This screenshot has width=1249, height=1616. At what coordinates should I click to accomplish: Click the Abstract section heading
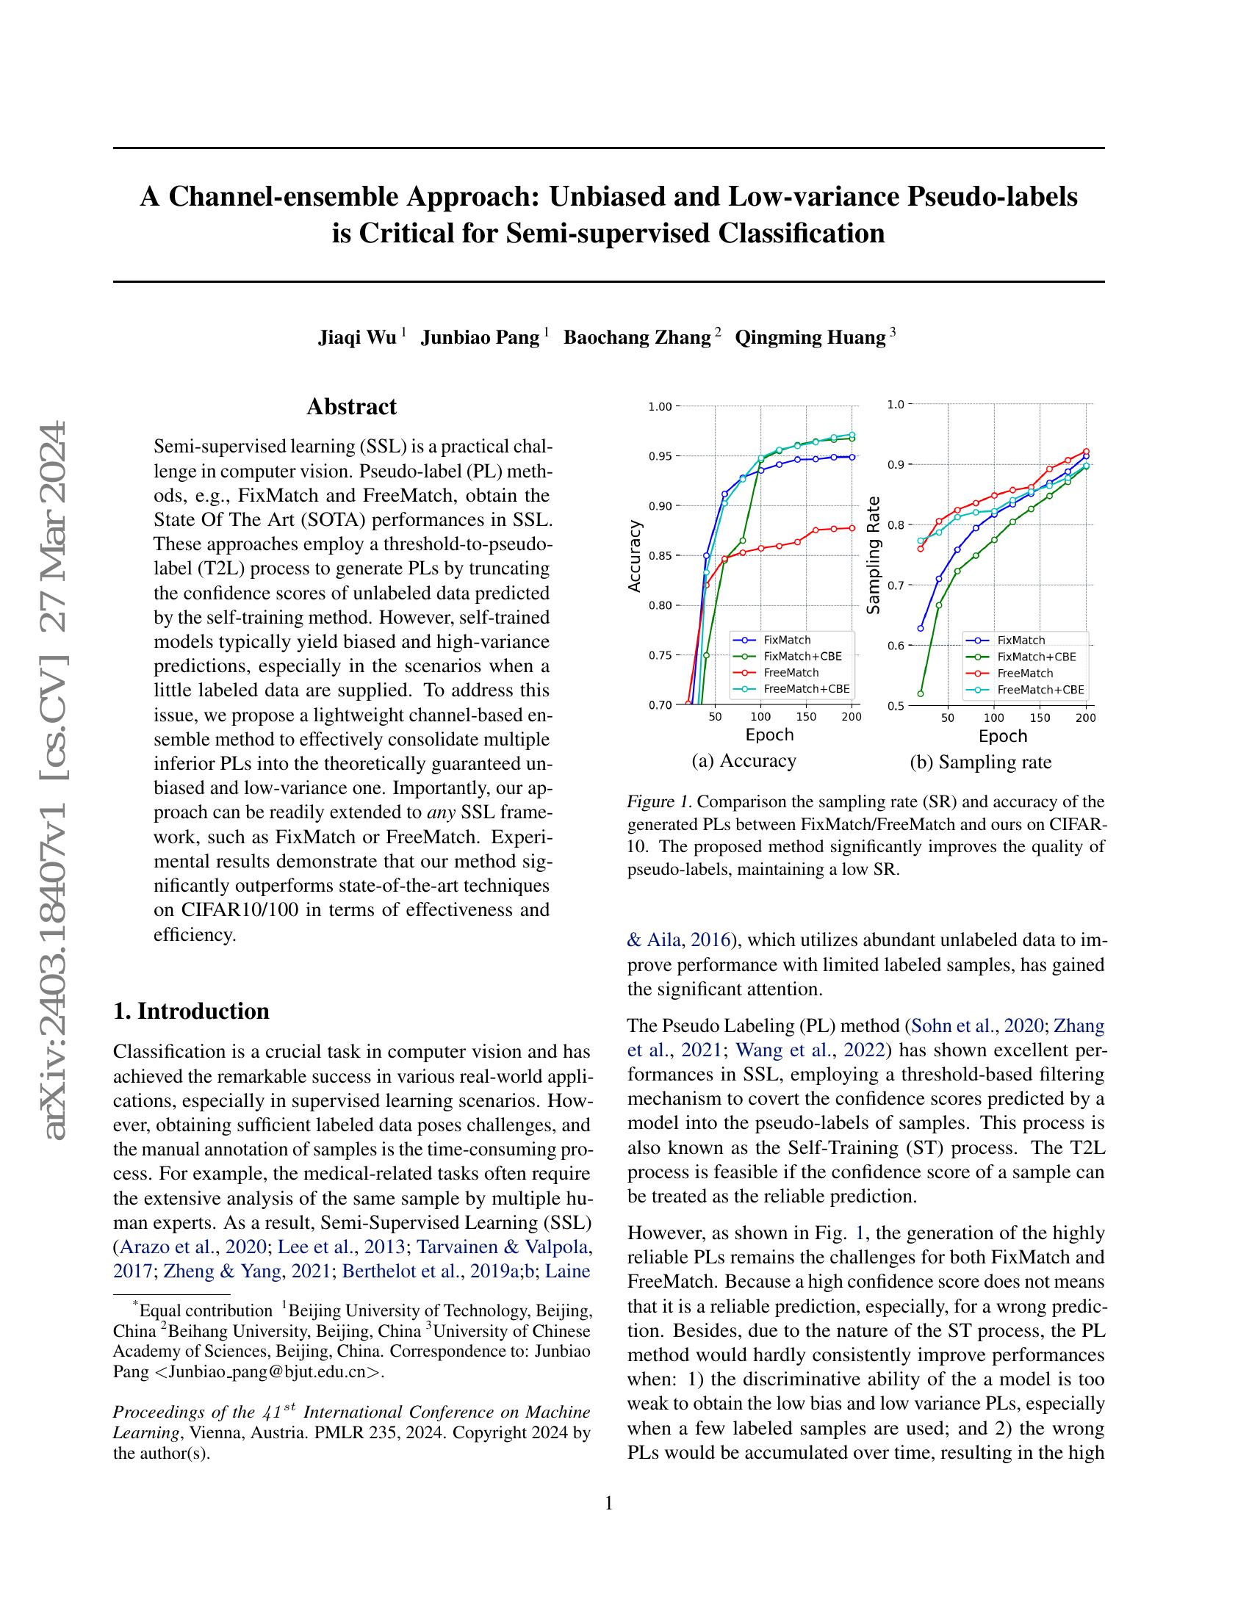tap(351, 406)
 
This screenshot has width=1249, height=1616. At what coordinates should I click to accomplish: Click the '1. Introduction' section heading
tap(191, 1011)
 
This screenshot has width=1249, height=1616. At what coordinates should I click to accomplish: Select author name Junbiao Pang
tap(480, 337)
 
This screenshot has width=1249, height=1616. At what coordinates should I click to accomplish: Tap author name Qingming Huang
tap(810, 337)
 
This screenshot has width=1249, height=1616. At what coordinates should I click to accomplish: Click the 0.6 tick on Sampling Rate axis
tap(896, 646)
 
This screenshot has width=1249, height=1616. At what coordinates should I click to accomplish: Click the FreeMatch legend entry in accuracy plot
tap(791, 673)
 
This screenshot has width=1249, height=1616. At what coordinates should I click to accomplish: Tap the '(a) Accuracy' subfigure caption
tap(743, 761)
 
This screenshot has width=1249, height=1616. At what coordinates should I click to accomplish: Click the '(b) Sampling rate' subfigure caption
tap(980, 762)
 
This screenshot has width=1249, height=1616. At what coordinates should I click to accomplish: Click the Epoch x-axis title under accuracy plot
tap(769, 735)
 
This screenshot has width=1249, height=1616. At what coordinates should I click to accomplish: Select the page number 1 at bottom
tap(609, 1504)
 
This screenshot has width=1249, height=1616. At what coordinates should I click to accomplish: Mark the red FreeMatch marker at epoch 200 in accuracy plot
tap(852, 527)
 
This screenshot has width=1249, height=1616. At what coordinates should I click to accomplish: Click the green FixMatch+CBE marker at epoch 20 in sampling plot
tap(921, 693)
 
